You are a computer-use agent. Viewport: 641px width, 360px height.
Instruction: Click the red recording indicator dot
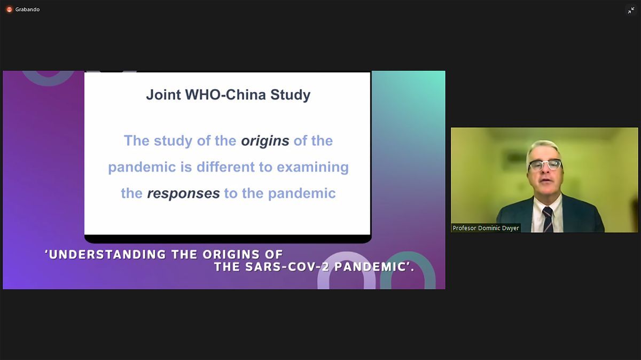(9, 10)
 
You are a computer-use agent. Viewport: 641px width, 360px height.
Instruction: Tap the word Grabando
(27, 10)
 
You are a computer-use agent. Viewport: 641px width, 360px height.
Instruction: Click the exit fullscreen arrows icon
(631, 11)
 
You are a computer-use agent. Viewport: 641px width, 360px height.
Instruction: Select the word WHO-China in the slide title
(225, 95)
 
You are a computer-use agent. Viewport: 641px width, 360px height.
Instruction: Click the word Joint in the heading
(163, 95)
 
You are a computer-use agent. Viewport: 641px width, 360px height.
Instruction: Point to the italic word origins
(265, 141)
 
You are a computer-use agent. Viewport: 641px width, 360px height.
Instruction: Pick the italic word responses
(183, 193)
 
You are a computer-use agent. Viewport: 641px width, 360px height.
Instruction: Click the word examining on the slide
(313, 167)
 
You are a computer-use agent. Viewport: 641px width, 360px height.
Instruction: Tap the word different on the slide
(225, 167)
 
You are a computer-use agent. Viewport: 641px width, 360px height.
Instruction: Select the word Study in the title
(291, 95)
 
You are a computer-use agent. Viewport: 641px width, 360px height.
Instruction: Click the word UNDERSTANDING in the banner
(107, 254)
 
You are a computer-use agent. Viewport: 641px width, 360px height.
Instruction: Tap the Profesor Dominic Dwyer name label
(486, 228)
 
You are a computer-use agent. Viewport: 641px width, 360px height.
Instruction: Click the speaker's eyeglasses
(545, 165)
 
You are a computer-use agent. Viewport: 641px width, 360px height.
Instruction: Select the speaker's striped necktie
(548, 219)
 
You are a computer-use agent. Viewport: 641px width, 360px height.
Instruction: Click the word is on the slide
(186, 167)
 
